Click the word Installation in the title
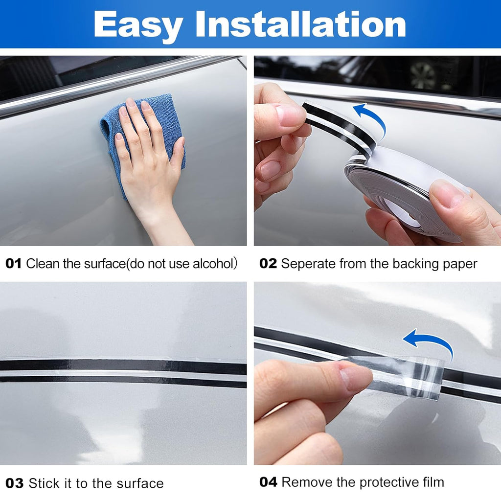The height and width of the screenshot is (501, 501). (x=300, y=24)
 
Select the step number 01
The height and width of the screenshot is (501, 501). (x=13, y=264)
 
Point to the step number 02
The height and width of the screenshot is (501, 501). (x=268, y=264)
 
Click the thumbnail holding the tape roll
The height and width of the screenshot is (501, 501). (x=447, y=192)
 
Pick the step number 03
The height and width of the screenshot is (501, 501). (x=15, y=483)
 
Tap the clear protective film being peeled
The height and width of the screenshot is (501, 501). (x=406, y=377)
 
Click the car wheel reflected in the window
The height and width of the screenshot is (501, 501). (x=423, y=75)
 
